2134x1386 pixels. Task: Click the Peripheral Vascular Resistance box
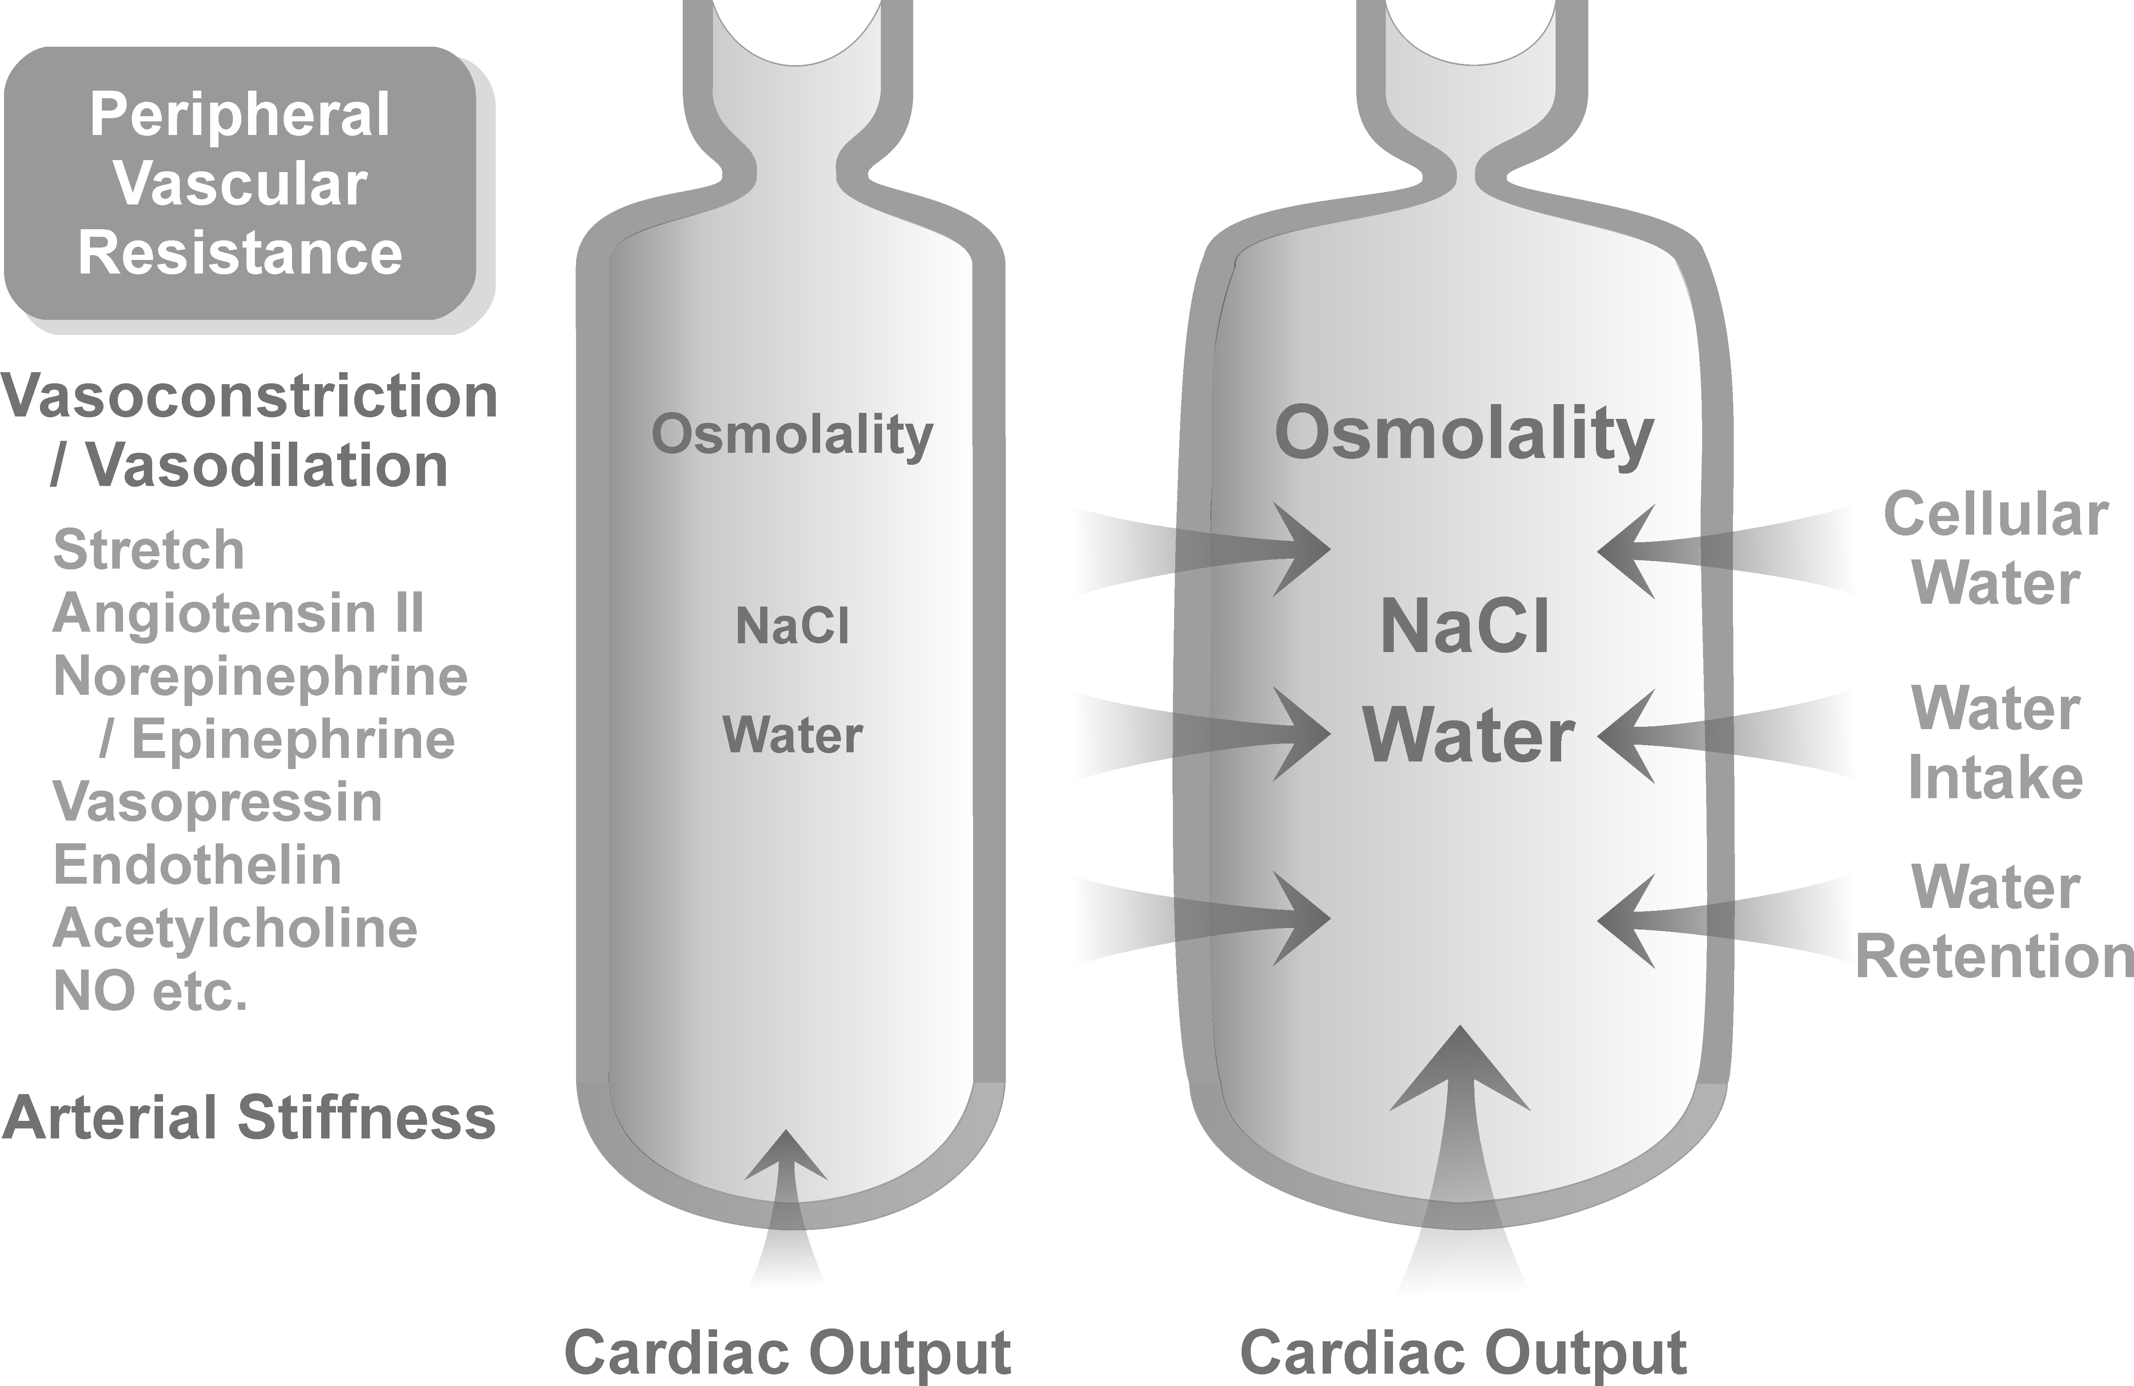[x=240, y=184]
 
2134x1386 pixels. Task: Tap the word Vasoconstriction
[x=249, y=397]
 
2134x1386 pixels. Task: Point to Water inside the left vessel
[x=792, y=736]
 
